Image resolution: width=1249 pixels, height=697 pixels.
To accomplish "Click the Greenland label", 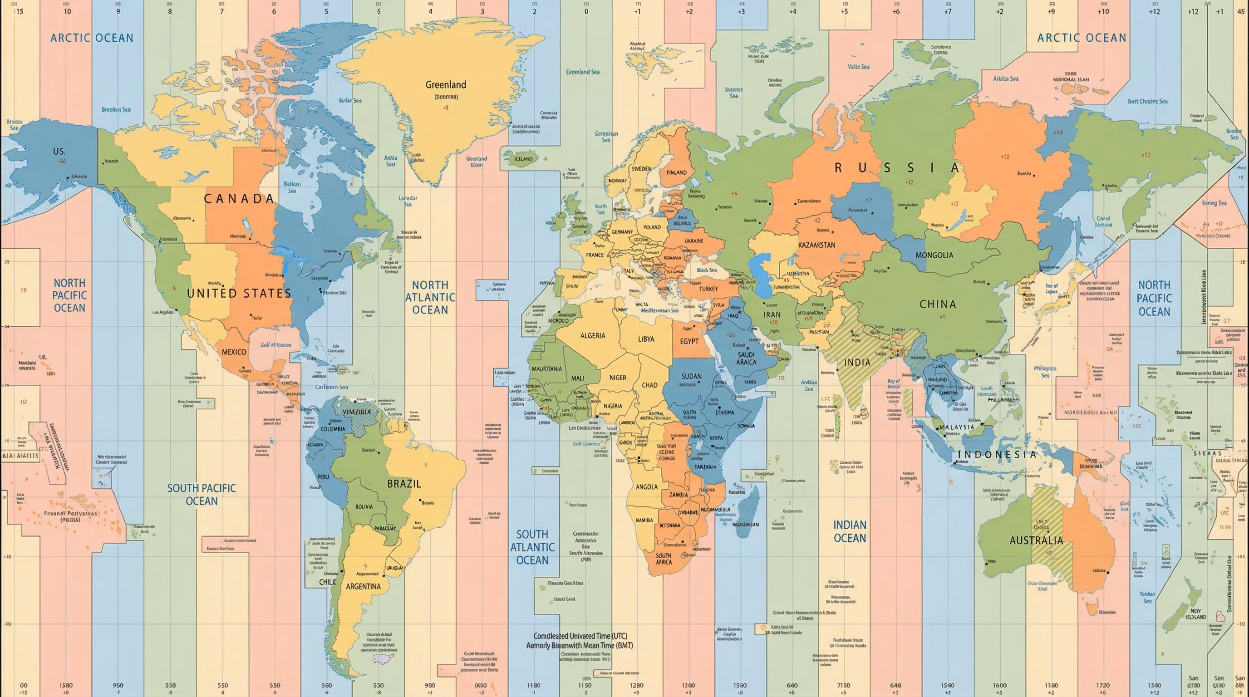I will click(446, 85).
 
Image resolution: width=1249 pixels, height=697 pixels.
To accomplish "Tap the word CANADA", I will click(239, 199).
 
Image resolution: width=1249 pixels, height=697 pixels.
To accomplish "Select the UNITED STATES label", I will click(239, 293).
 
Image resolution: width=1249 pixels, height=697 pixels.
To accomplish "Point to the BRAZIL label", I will click(404, 484).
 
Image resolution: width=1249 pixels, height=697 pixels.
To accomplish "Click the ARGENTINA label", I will click(363, 586).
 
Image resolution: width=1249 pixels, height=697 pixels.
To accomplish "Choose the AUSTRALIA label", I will click(1036, 540).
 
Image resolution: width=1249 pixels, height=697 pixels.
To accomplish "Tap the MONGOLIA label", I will click(934, 255).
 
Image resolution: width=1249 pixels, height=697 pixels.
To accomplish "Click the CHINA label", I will click(938, 304).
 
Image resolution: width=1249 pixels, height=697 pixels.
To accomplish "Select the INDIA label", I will click(857, 362).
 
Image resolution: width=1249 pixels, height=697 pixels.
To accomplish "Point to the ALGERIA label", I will click(592, 335).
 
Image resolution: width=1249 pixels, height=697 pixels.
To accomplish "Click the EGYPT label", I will click(689, 341).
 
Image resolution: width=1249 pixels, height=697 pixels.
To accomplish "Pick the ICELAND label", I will click(523, 158).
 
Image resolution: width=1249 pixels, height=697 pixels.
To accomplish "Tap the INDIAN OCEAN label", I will click(850, 531).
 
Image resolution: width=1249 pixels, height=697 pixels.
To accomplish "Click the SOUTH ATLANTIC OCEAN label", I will click(532, 547).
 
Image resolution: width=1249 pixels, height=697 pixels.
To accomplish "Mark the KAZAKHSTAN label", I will click(816, 245).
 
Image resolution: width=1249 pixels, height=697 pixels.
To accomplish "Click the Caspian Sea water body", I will click(759, 276).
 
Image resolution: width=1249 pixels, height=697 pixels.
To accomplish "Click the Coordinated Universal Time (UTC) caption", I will click(580, 635).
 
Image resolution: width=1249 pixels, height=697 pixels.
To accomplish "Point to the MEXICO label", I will click(234, 352).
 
